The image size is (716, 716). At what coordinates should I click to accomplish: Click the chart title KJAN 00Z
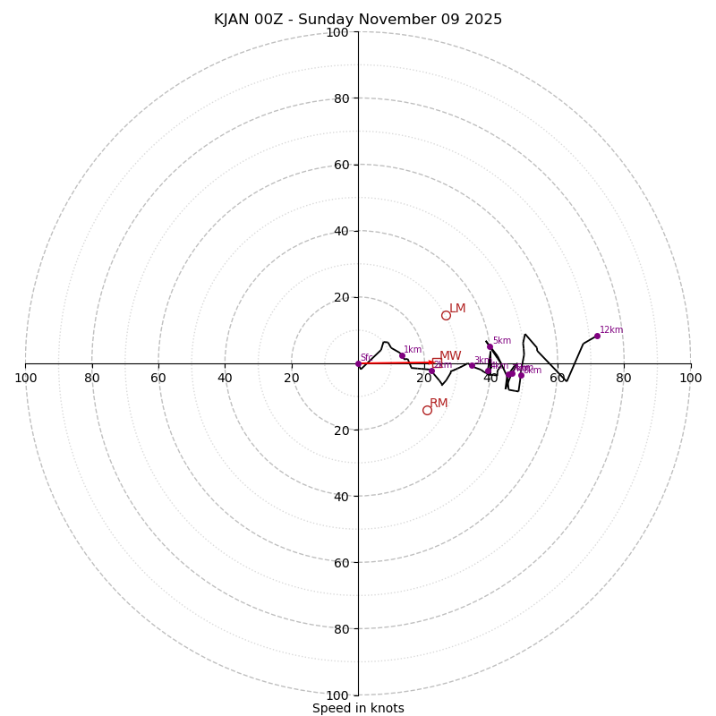coord(358,20)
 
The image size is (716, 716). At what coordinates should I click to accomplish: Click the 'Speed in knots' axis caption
coord(358,708)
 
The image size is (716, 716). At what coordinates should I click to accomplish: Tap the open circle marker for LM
coord(446,315)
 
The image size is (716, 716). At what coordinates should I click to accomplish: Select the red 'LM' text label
coord(457,309)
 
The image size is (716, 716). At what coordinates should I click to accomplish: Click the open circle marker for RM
coord(427,410)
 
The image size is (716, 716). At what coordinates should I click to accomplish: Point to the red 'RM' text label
coord(439,404)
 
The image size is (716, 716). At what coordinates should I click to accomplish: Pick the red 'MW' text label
coord(450,356)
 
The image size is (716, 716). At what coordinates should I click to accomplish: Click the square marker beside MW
coord(436,362)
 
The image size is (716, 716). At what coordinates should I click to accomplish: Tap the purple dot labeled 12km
coord(597,336)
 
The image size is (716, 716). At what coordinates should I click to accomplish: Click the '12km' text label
coord(611,330)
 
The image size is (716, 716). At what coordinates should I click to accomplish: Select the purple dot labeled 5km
coord(490,346)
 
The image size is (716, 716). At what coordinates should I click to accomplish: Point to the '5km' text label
coord(501,341)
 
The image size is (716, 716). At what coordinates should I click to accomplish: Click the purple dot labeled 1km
coord(402,355)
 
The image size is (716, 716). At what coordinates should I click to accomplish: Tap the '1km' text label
coord(413,350)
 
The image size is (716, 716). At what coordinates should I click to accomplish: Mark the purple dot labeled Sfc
coord(358,363)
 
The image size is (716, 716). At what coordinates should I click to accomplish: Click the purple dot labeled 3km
coord(472,365)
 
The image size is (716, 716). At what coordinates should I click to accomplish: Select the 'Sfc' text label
coord(366,358)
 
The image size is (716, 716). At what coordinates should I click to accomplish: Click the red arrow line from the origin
coord(394,362)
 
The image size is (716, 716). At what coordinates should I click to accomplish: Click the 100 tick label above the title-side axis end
coord(337,32)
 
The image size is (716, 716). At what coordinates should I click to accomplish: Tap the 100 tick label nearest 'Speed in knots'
coord(337,695)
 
